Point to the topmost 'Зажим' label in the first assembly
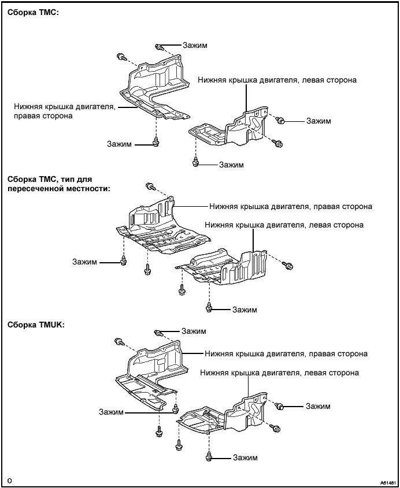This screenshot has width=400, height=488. coord(194,45)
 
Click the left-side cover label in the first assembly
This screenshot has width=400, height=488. coord(277,80)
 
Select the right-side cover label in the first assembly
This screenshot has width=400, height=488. coord(65,111)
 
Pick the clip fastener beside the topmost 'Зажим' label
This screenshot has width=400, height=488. coord(158,47)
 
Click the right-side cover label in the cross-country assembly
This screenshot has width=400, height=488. coord(291,206)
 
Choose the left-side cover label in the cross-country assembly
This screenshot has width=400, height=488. coord(284,225)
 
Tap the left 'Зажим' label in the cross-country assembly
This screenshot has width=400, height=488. coord(85,262)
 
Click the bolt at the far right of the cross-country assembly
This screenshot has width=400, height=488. coord(289,266)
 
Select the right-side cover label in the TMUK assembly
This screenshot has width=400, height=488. coord(286,353)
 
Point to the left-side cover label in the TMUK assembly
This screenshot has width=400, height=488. coord(279,373)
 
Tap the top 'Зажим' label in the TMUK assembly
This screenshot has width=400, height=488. coord(193,331)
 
